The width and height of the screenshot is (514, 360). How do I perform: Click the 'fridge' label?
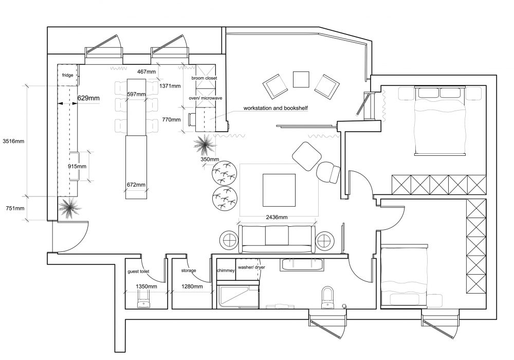[x=67, y=75]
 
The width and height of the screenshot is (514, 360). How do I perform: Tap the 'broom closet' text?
[x=204, y=78]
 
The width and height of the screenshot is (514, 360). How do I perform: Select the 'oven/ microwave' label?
[x=206, y=98]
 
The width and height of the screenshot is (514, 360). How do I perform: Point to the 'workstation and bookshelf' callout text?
[x=276, y=108]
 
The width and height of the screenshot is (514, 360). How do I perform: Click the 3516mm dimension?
[x=13, y=141]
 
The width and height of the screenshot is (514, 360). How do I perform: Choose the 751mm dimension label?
[x=15, y=208]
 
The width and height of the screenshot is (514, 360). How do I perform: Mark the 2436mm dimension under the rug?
[x=277, y=217]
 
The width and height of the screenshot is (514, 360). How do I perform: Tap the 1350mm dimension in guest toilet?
[x=146, y=286]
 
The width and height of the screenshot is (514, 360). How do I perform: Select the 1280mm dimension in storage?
[x=192, y=286]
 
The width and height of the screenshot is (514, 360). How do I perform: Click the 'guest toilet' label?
[x=138, y=272]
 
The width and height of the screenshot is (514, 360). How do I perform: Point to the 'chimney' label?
[x=226, y=271]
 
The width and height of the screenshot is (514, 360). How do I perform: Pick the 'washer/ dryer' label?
[x=251, y=267]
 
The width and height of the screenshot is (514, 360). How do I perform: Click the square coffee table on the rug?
[x=279, y=190]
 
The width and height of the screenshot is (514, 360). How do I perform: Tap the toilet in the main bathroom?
[x=327, y=298]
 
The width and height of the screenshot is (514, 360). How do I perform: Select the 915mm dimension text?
[x=77, y=166]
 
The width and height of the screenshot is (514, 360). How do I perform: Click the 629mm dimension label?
[x=88, y=98]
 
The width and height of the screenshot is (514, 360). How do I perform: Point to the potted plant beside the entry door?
[x=69, y=208]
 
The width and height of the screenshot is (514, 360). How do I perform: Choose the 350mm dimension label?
[x=210, y=159]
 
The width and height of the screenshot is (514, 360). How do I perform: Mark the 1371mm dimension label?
[x=170, y=86]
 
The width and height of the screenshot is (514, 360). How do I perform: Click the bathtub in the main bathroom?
[x=302, y=264]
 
